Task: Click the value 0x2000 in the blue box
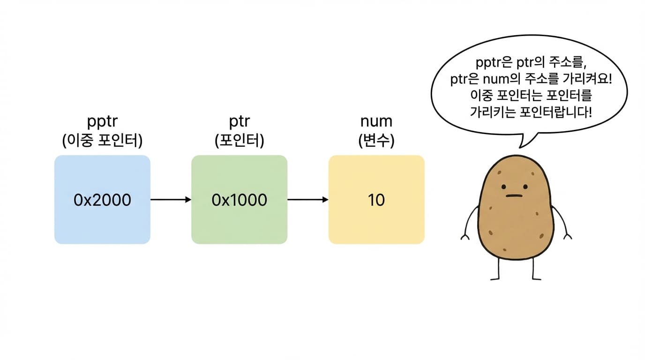(102, 200)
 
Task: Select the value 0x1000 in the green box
(239, 200)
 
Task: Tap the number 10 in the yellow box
(376, 200)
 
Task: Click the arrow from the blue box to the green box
(171, 199)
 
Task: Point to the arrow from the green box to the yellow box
(308, 199)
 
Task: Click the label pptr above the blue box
(102, 121)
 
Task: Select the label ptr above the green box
(239, 121)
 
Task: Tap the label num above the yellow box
(376, 121)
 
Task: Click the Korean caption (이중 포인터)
(102, 141)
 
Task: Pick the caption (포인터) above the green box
(239, 141)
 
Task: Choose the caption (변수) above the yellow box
(376, 141)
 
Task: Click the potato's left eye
(503, 187)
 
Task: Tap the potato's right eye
(525, 187)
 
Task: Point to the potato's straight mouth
(514, 196)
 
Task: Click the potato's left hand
(465, 237)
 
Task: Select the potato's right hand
(568, 236)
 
